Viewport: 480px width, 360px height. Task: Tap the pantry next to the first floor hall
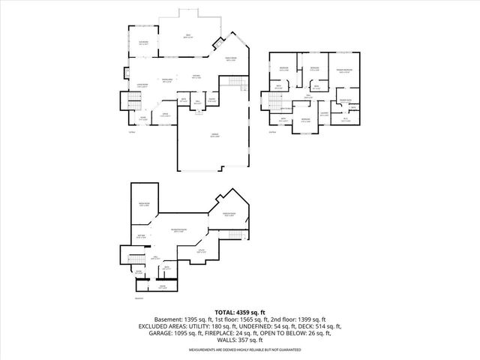(x=212, y=100)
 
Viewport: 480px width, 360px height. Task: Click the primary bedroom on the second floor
(x=346, y=70)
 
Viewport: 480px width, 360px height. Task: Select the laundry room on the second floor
(x=325, y=114)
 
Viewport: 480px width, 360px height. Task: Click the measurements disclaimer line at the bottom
(x=240, y=350)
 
